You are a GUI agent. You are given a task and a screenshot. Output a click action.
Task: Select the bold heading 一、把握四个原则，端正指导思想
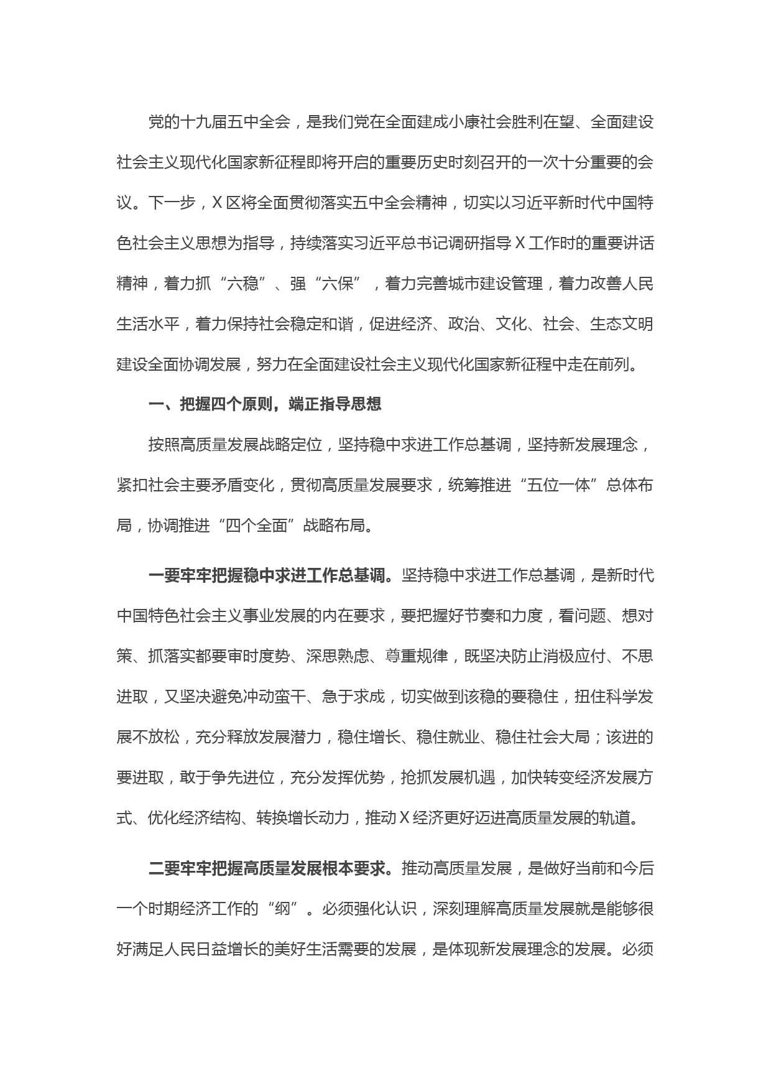point(265,405)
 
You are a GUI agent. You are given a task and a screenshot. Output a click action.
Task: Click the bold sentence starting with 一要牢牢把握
point(271,576)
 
